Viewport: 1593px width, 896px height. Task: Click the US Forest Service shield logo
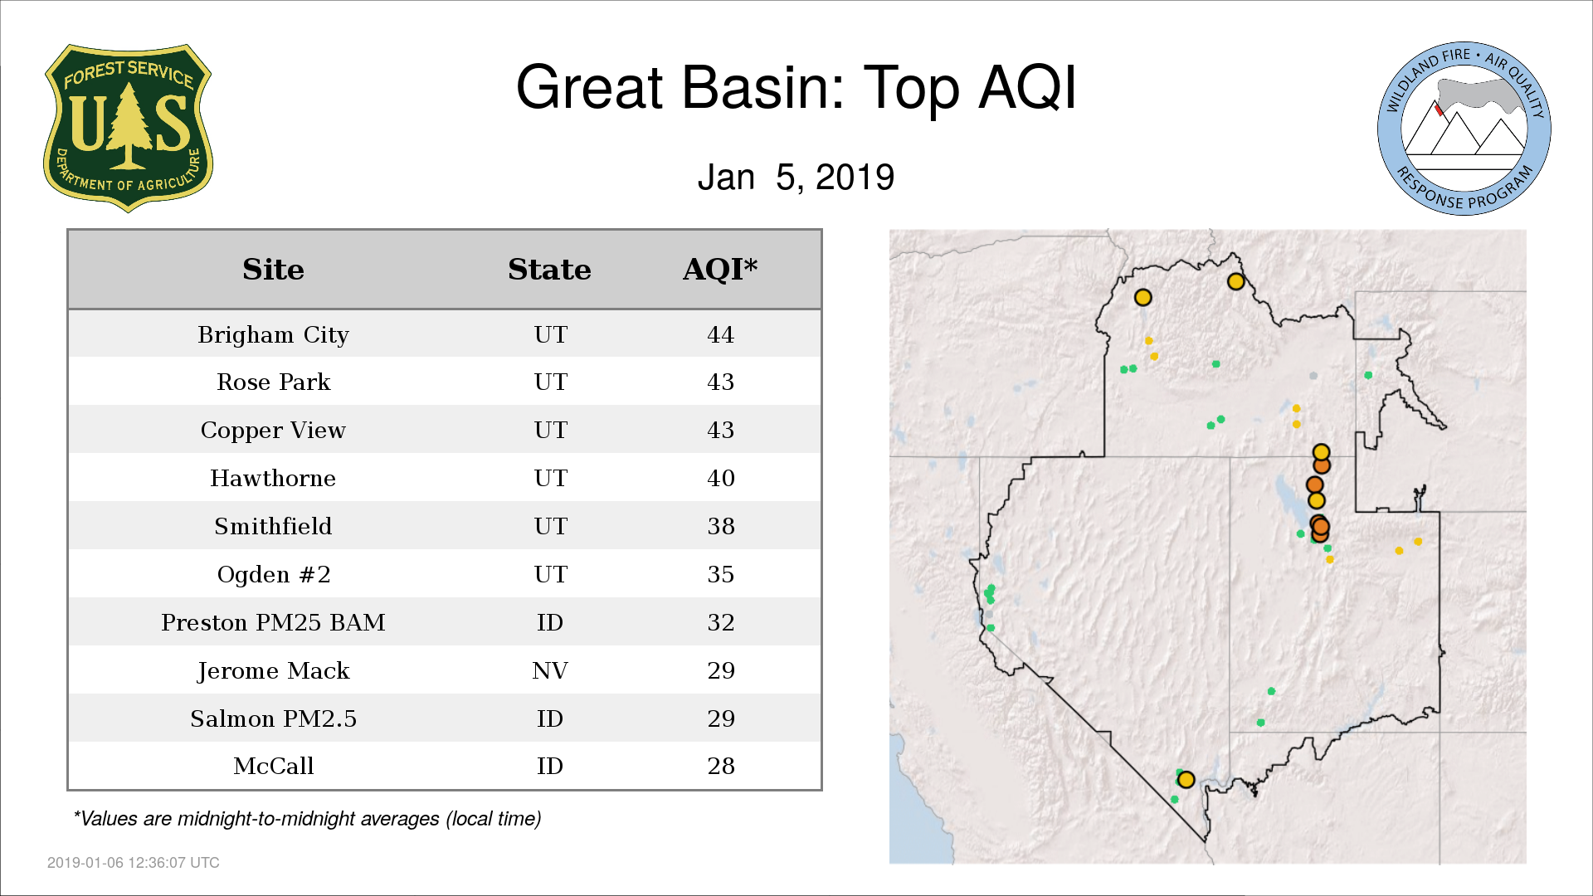pyautogui.click(x=128, y=128)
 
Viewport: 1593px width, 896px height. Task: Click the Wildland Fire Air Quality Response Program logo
pyautogui.click(x=1464, y=129)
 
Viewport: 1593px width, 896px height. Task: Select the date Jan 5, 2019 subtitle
pyautogui.click(x=796, y=178)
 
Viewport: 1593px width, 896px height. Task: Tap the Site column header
pyautogui.click(x=273, y=270)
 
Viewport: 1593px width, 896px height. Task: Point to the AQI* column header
pyautogui.click(x=720, y=270)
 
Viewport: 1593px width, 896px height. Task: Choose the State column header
pyautogui.click(x=549, y=270)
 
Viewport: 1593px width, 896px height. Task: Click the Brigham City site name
pyautogui.click(x=273, y=335)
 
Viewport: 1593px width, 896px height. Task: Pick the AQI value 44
pyautogui.click(x=720, y=335)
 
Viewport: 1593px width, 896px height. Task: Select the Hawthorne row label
pyautogui.click(x=273, y=479)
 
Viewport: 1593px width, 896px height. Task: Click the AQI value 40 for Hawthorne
pyautogui.click(x=720, y=479)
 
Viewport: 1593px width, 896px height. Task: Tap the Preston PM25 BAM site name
pyautogui.click(x=273, y=623)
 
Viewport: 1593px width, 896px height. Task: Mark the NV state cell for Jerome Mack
pyautogui.click(x=550, y=670)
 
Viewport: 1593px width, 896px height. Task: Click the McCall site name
pyautogui.click(x=273, y=767)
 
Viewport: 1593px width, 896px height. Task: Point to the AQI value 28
pyautogui.click(x=720, y=767)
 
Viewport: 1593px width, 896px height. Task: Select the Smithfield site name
pyautogui.click(x=273, y=527)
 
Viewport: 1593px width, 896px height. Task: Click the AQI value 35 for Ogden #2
pyautogui.click(x=720, y=575)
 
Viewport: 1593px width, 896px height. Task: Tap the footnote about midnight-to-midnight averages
pyautogui.click(x=308, y=820)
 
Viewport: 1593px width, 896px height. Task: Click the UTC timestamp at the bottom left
pyautogui.click(x=134, y=863)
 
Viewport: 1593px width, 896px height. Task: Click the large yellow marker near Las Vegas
pyautogui.click(x=1186, y=780)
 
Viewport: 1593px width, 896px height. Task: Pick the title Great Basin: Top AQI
pyautogui.click(x=796, y=87)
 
